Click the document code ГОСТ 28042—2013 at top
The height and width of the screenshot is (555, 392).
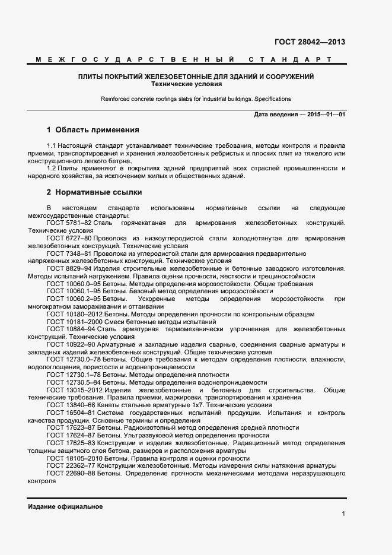pos(310,42)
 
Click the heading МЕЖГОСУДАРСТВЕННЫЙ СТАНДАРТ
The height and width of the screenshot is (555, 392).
pos(183,60)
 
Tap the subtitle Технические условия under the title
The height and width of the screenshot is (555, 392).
pos(196,84)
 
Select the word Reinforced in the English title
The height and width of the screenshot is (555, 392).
pos(116,99)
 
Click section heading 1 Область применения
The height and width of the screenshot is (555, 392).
pos(93,129)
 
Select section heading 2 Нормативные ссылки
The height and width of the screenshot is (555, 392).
pos(94,192)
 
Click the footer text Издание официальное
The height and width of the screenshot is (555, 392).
pos(65,506)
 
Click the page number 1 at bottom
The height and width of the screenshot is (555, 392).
pos(343,513)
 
